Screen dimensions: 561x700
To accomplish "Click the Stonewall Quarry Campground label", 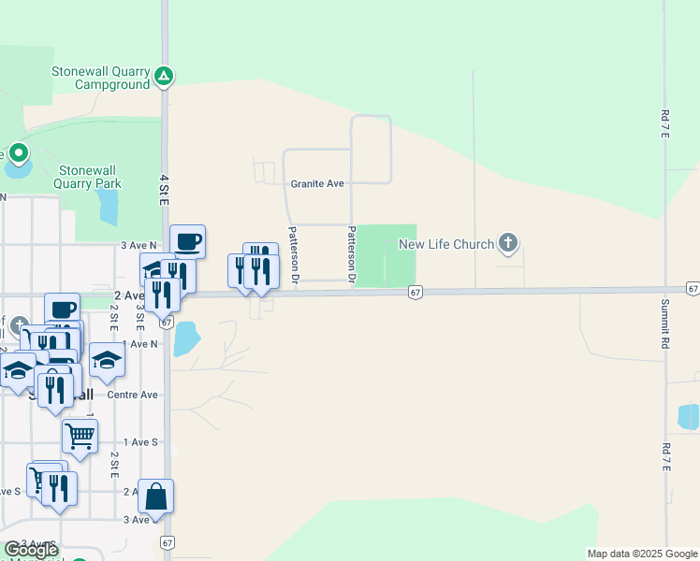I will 100,77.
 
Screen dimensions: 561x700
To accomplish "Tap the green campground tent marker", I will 164,76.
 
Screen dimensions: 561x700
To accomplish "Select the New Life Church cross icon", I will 507,244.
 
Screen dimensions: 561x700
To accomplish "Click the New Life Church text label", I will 446,245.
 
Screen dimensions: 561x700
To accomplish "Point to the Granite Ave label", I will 317,184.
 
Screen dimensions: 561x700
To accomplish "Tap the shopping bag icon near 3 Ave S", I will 156,496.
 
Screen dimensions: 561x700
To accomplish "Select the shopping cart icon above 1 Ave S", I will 80,435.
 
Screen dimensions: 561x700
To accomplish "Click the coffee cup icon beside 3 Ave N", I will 187,241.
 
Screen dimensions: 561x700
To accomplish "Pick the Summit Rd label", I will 665,324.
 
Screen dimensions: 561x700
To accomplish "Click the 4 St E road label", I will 164,189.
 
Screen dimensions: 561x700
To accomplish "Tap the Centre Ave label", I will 132,395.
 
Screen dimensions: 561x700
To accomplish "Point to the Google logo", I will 30,550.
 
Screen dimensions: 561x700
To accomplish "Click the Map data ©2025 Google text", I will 642,554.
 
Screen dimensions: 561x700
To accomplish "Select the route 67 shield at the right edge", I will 693,289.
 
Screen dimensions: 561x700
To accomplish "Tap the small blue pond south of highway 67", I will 186,339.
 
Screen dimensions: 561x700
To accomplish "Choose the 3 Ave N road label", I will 137,245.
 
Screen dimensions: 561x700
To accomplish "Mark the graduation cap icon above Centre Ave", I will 107,360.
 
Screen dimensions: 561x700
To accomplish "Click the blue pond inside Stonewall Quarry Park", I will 108,209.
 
